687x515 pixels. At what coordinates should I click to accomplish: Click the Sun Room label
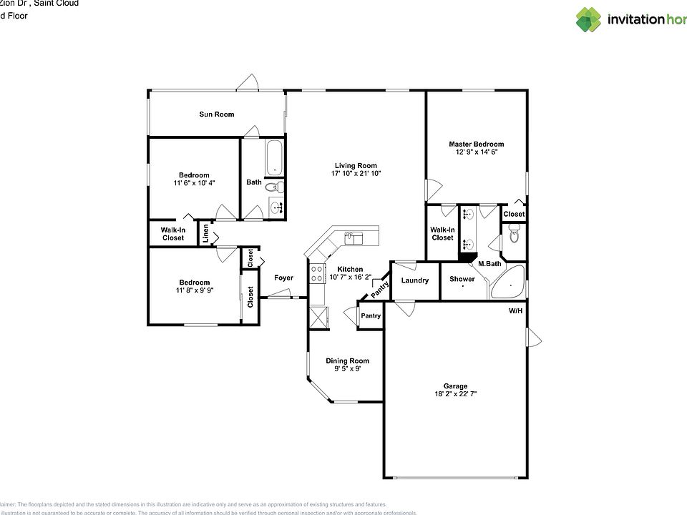(216, 114)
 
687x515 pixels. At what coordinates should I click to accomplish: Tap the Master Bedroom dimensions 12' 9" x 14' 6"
(476, 152)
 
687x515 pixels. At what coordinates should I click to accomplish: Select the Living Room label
(355, 165)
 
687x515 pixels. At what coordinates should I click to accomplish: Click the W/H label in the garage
(515, 311)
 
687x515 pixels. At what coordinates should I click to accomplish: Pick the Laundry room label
(414, 280)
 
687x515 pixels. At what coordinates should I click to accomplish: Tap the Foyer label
(283, 278)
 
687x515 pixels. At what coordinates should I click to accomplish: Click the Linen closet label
(205, 233)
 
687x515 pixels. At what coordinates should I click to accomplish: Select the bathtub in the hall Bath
(273, 157)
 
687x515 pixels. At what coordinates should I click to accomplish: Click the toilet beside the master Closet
(514, 234)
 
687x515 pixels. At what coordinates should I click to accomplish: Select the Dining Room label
(347, 360)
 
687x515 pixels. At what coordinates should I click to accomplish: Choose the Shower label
(462, 279)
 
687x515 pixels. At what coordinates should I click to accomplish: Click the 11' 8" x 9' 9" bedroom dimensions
(194, 290)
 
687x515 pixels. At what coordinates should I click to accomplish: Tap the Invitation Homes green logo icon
(588, 19)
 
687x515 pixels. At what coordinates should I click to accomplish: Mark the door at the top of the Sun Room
(248, 84)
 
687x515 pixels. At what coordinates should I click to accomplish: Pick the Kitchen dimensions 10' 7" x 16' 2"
(351, 277)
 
